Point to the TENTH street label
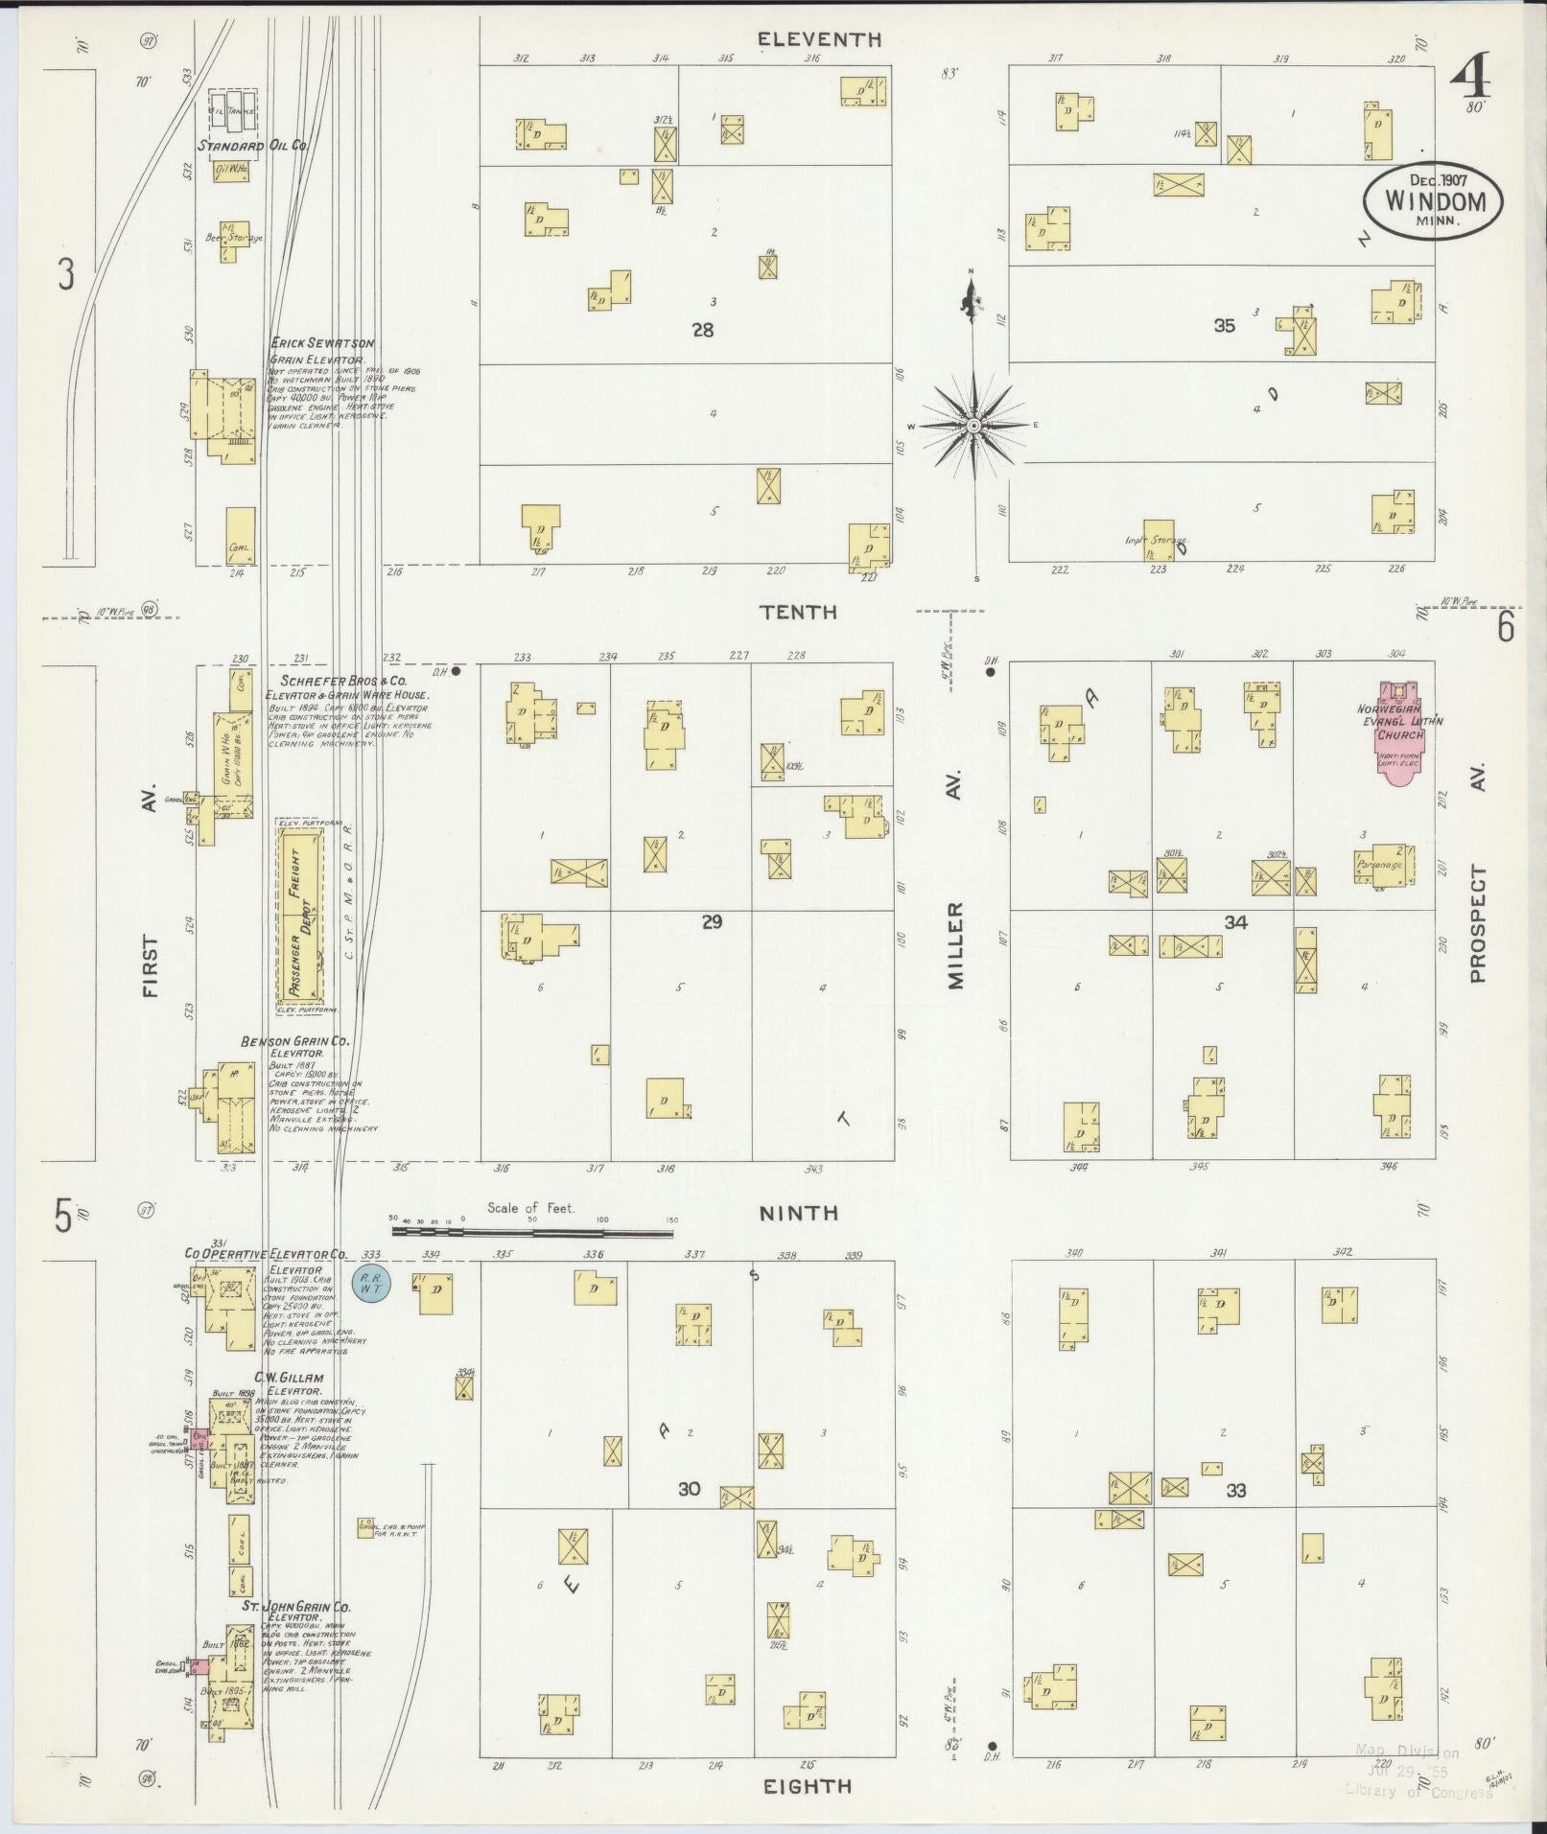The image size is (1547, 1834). (798, 612)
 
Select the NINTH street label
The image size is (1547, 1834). (798, 1214)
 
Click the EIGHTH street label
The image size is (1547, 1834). (807, 1786)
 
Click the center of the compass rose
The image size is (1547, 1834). (973, 425)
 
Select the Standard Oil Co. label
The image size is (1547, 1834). (253, 147)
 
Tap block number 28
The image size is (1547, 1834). (703, 330)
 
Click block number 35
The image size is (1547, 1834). (1224, 326)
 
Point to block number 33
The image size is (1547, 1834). (1235, 1491)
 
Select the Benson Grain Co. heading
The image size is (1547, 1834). (294, 1041)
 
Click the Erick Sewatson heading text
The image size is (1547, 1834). (322, 342)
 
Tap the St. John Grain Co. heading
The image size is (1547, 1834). (295, 1606)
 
